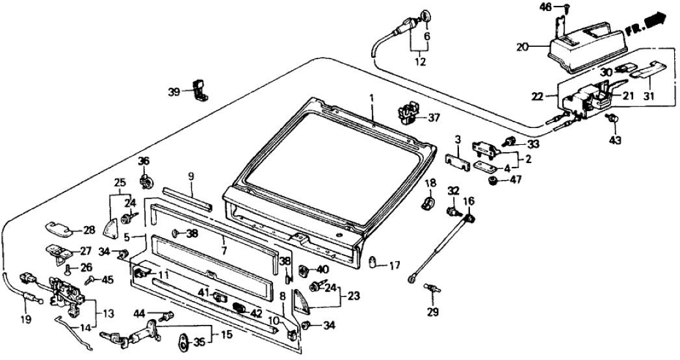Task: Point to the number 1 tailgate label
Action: click(373, 97)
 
